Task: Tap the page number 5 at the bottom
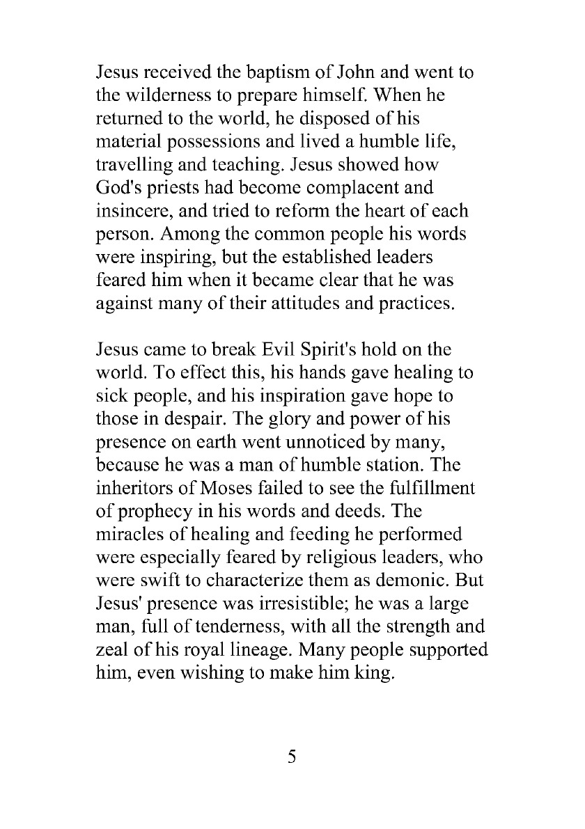tap(292, 757)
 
